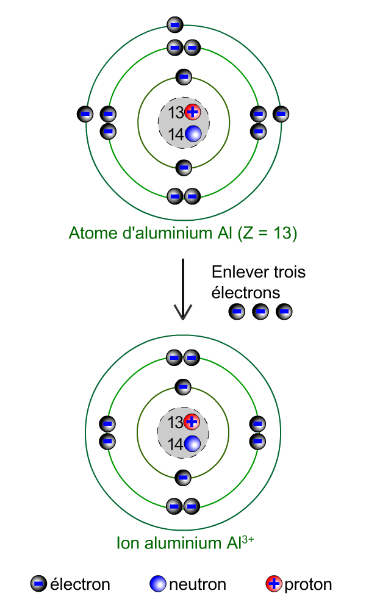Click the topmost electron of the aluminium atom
pyautogui.click(x=175, y=25)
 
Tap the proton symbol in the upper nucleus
pyautogui.click(x=192, y=112)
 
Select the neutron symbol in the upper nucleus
pyautogui.click(x=193, y=134)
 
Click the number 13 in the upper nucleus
pyautogui.click(x=176, y=113)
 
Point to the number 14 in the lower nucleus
pyautogui.click(x=176, y=444)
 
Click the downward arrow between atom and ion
pyautogui.click(x=182, y=289)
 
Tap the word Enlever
pyautogui.click(x=235, y=272)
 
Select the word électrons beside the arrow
pyautogui.click(x=246, y=293)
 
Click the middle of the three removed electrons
pyautogui.click(x=260, y=312)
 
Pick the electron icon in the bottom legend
pyautogui.click(x=38, y=584)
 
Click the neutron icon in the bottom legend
pyautogui.click(x=157, y=584)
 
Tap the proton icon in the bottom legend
pyautogui.click(x=274, y=584)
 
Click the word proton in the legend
pyautogui.click(x=308, y=585)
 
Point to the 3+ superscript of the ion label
pyautogui.click(x=248, y=539)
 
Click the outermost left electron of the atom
pyautogui.click(x=85, y=114)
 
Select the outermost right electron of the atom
pyautogui.click(x=281, y=114)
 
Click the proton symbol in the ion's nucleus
pyautogui.click(x=192, y=422)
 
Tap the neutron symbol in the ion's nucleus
pyautogui.click(x=192, y=444)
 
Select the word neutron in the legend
pyautogui.click(x=197, y=584)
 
